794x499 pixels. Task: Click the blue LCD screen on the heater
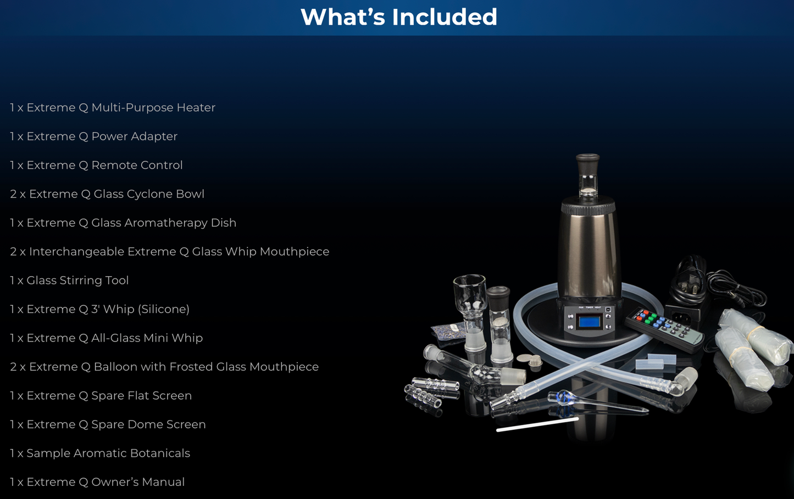[589, 322]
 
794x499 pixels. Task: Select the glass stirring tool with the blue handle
[598, 401]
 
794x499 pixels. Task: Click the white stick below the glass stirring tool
[537, 424]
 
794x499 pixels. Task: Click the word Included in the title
[445, 16]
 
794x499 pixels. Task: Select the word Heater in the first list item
[196, 107]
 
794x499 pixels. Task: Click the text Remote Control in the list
[137, 165]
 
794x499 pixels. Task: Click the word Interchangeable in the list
[76, 252]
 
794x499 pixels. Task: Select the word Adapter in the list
[154, 136]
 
